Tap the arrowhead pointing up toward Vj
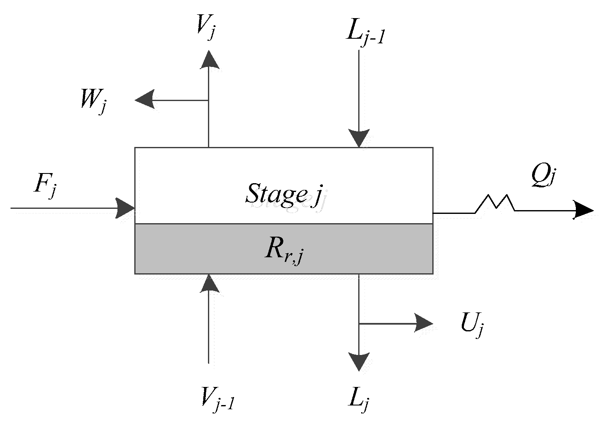coord(209,59)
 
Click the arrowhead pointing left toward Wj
coord(144,100)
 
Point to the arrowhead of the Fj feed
coord(125,208)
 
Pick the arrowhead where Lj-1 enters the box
coord(359,138)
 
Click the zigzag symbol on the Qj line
coord(495,203)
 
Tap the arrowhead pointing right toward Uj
coord(423,323)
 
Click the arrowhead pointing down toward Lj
coord(359,362)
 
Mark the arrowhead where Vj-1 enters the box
coord(209,283)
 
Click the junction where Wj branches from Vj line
coord(209,100)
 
